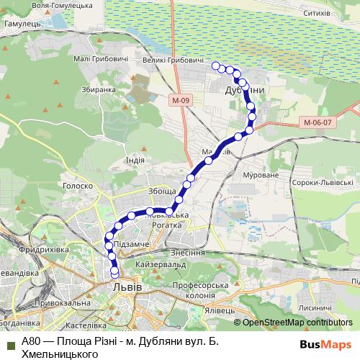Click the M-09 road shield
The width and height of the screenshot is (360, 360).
tap(181, 99)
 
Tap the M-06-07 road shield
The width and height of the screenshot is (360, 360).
tap(317, 122)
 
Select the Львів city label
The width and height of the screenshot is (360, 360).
tap(127, 287)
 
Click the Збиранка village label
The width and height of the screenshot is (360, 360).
tap(99, 90)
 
